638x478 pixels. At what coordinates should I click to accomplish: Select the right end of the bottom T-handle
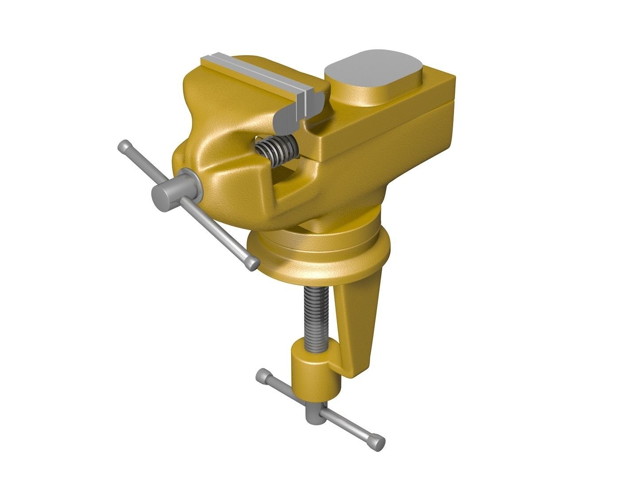point(377,443)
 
